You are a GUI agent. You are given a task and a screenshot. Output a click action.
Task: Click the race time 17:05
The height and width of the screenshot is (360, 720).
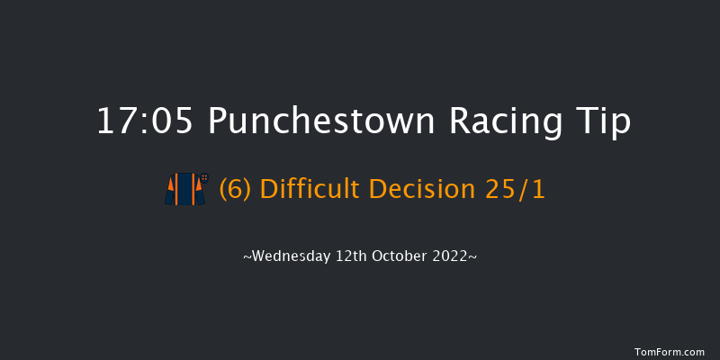145,123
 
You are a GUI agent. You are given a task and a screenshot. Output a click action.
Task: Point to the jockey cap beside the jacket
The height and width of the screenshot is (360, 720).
203,176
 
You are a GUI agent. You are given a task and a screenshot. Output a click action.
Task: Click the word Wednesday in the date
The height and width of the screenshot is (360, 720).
284,256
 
